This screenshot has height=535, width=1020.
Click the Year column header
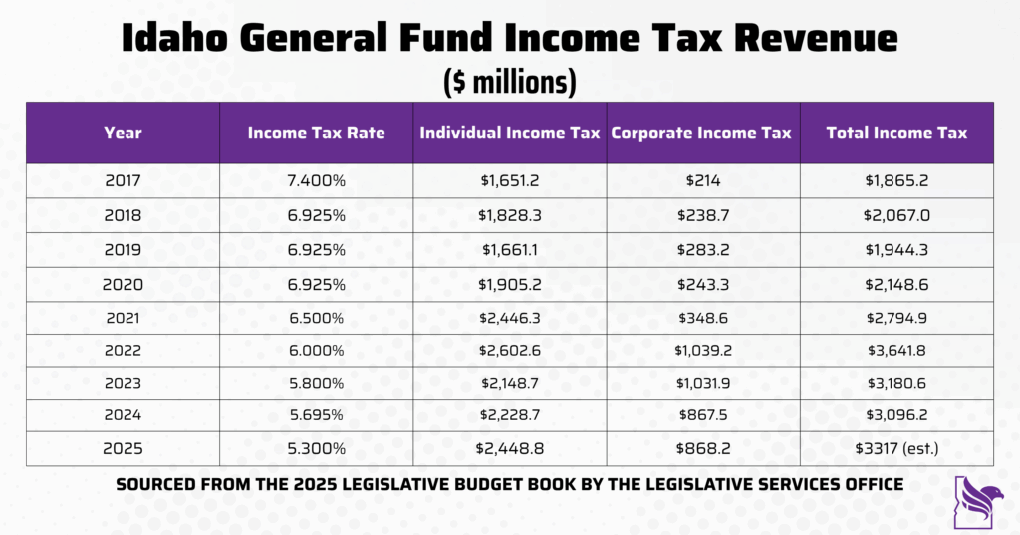[x=123, y=134]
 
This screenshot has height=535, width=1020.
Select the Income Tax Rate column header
[x=316, y=134]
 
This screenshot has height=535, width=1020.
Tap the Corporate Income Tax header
[x=701, y=134]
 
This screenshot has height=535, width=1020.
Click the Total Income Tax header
[x=896, y=134]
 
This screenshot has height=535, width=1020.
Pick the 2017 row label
[x=123, y=181]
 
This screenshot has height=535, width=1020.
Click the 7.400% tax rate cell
[x=316, y=181]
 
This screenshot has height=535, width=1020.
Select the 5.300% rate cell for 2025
[x=316, y=449]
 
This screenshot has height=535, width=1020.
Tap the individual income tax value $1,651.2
[x=509, y=181]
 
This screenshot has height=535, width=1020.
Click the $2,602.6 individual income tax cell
[x=509, y=350]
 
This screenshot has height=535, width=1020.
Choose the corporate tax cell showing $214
[x=702, y=181]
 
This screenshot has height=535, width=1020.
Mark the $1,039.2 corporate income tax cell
[x=702, y=350]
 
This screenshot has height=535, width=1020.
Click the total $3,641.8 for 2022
[x=896, y=350]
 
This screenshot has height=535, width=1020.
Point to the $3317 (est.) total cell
[x=896, y=449]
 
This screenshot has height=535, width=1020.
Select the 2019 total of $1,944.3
[x=896, y=249]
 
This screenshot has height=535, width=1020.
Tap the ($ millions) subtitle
[x=509, y=82]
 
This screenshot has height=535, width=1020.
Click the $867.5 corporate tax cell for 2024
[x=702, y=416]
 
